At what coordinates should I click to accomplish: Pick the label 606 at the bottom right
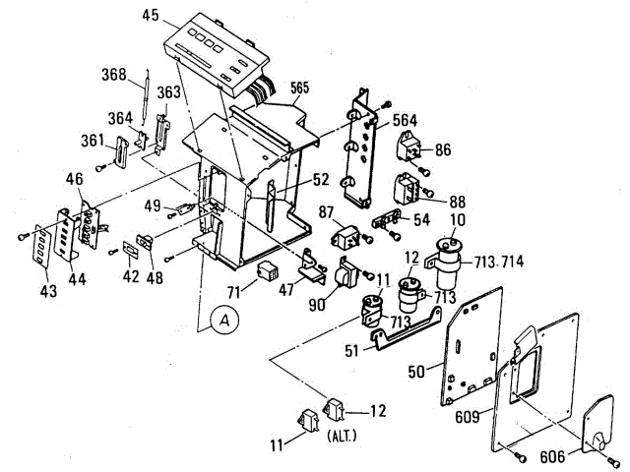click(x=552, y=455)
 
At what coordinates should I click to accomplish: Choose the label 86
click(x=444, y=149)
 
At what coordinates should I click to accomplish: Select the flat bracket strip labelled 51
click(x=404, y=336)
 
